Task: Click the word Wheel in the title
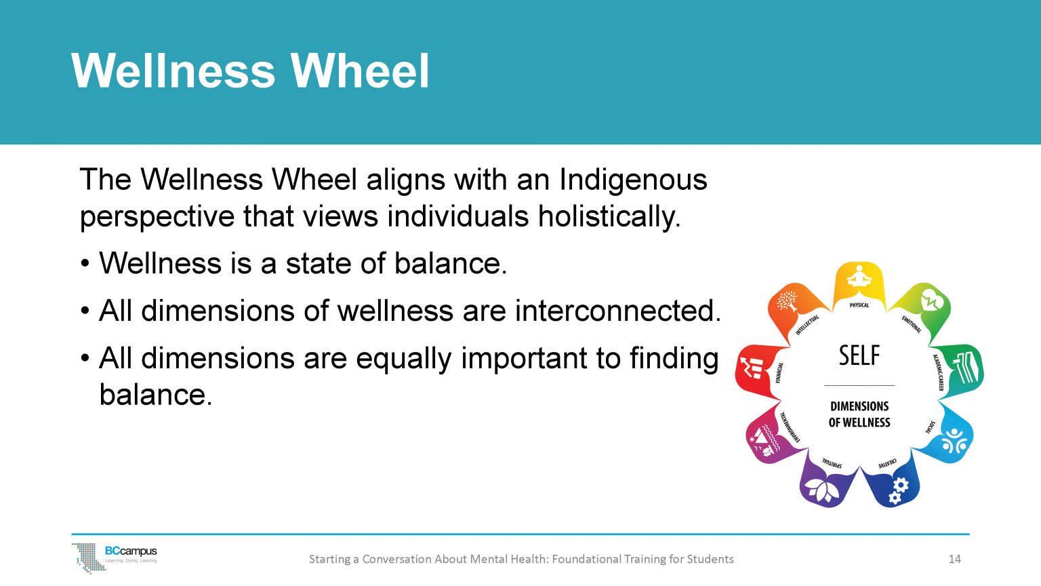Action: [360, 71]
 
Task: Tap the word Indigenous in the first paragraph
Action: [633, 180]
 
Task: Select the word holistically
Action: [609, 217]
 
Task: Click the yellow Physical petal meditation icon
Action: [859, 278]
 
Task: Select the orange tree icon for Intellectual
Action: [788, 300]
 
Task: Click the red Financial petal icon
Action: [753, 367]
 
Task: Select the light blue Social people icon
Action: [954, 441]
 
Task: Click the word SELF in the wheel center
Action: [859, 356]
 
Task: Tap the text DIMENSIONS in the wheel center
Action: [859, 406]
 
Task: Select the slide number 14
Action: [954, 559]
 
